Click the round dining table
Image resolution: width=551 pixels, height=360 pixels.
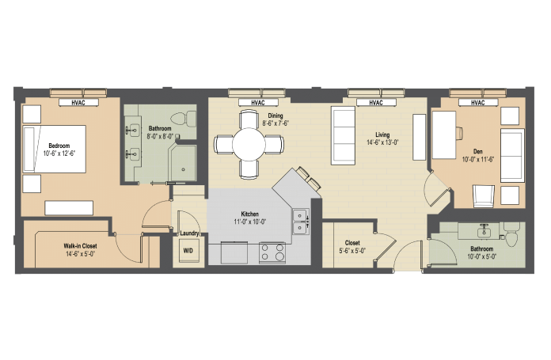tap(249, 144)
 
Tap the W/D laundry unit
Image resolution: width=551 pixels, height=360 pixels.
tap(188, 251)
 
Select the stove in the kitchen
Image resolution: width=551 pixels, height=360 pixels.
tap(272, 252)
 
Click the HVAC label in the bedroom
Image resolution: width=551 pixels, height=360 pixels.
tap(78, 103)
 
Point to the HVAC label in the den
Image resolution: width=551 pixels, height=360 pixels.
tap(478, 103)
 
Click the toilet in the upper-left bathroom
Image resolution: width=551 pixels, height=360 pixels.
tap(183, 119)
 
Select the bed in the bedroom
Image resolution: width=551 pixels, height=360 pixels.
tap(55, 149)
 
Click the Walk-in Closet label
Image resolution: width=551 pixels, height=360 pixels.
tap(80, 246)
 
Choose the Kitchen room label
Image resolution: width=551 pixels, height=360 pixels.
tap(250, 214)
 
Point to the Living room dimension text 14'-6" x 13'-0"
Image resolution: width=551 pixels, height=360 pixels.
tap(382, 142)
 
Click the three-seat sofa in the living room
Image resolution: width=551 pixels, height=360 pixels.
tap(343, 135)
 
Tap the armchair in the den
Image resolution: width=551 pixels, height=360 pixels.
tap(483, 196)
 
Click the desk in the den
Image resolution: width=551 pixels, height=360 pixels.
tap(444, 135)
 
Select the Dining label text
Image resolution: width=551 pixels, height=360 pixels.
tap(275, 116)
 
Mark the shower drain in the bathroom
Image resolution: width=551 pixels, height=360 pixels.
tap(184, 169)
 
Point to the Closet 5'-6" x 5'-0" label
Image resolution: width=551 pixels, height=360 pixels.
tap(352, 247)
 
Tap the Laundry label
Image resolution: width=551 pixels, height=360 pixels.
tap(189, 233)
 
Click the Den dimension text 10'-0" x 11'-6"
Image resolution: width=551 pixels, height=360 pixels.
tap(478, 159)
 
